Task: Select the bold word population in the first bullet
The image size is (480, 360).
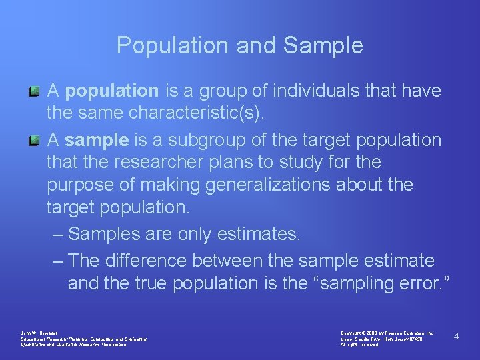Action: [x=112, y=90]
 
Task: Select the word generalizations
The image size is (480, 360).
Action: [x=283, y=185]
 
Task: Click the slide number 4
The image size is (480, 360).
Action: [x=456, y=336]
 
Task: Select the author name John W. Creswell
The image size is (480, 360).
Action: [x=39, y=331]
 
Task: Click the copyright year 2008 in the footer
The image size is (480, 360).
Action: [x=371, y=331]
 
